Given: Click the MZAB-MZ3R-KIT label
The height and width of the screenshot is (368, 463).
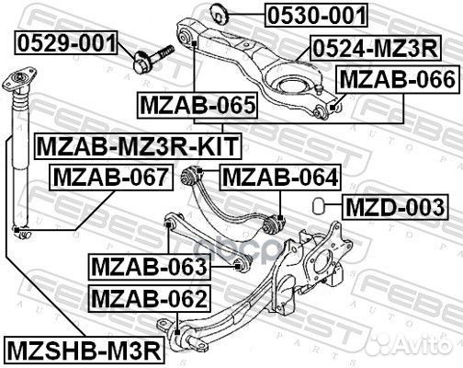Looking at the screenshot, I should [x=135, y=144].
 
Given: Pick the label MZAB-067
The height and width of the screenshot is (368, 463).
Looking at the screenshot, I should [x=109, y=176].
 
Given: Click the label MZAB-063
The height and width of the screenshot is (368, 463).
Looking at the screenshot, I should [x=149, y=268].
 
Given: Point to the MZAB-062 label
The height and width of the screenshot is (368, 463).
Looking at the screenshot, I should [x=149, y=298].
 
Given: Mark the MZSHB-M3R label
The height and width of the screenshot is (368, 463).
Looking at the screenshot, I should [x=83, y=350].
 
